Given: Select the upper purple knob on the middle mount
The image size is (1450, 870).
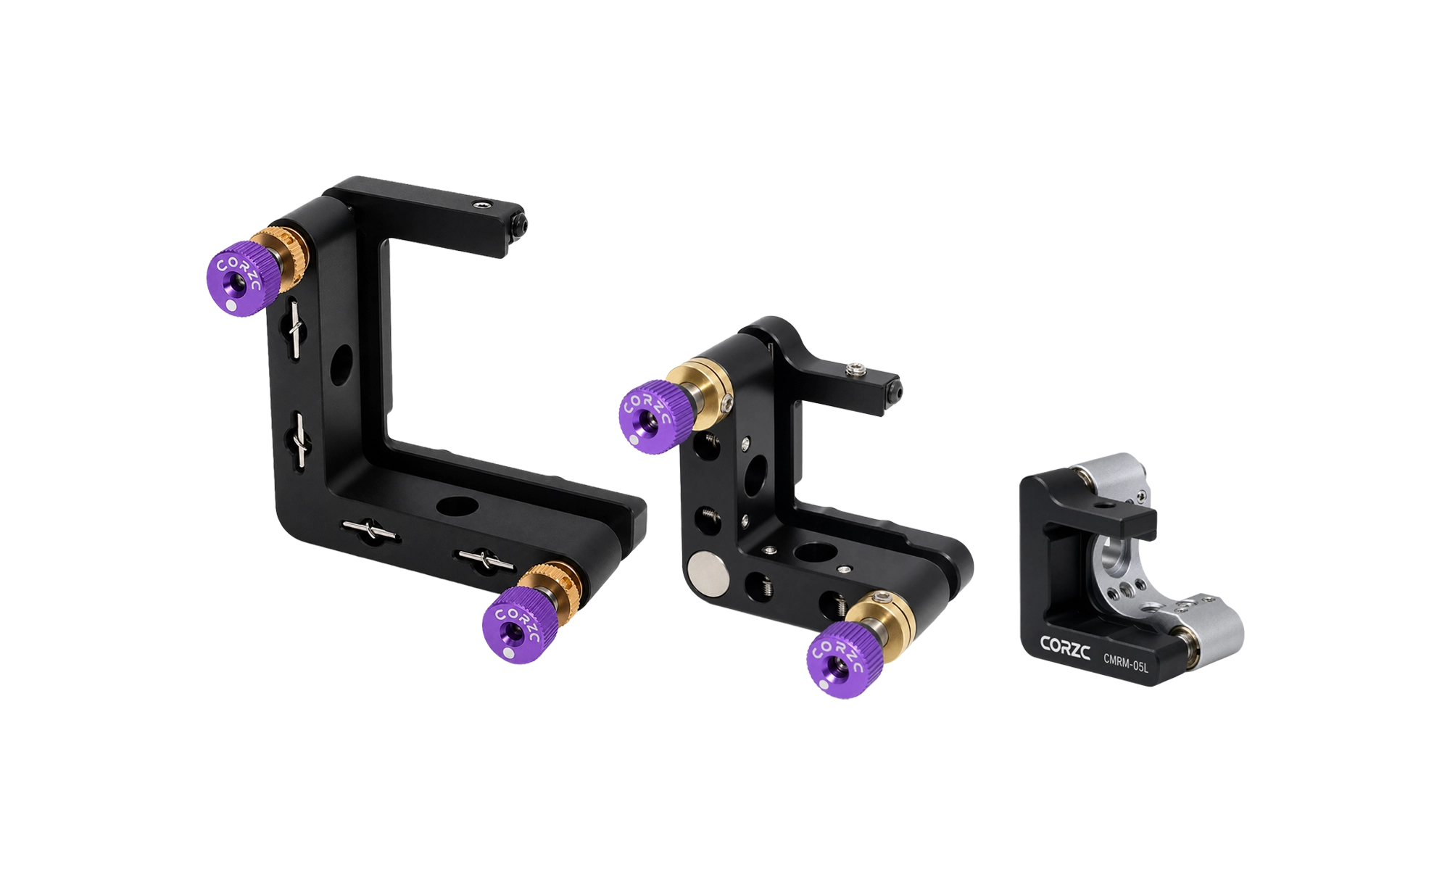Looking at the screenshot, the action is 655,416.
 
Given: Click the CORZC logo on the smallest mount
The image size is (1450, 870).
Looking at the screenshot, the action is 1065,647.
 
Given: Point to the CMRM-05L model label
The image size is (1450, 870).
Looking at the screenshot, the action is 1126,663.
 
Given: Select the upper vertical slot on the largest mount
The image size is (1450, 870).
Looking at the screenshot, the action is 297,331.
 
